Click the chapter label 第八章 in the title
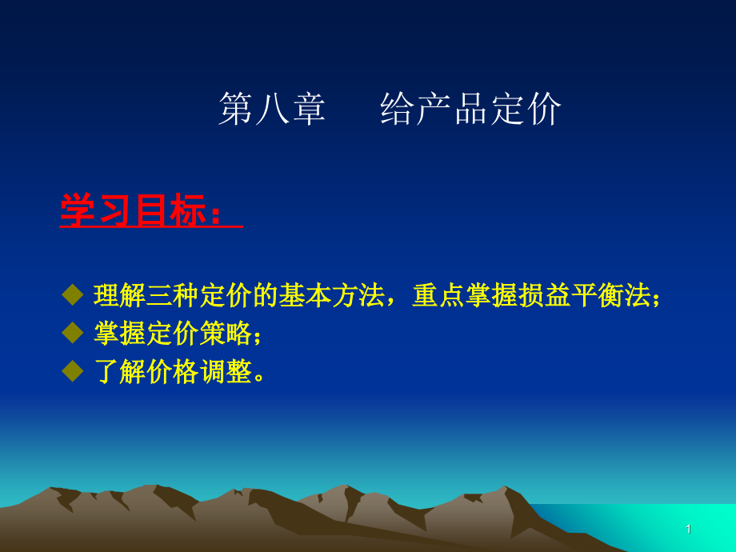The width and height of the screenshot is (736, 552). click(x=272, y=109)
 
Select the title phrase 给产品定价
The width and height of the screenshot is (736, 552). click(x=470, y=109)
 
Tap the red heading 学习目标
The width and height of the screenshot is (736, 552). click(x=134, y=210)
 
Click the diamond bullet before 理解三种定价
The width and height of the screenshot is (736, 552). click(x=73, y=294)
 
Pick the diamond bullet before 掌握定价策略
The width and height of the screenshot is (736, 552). click(x=73, y=333)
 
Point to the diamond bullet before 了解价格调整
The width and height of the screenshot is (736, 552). click(x=73, y=371)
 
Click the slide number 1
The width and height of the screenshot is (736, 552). click(x=688, y=530)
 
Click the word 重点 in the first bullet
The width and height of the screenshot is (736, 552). click(x=438, y=295)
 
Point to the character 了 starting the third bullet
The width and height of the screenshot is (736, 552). click(x=106, y=372)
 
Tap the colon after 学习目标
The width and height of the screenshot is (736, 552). click(x=215, y=214)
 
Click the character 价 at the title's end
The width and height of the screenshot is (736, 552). click(x=544, y=109)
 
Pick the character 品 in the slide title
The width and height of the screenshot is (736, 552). click(x=470, y=109)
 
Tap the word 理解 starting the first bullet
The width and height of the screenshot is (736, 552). click(x=120, y=295)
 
